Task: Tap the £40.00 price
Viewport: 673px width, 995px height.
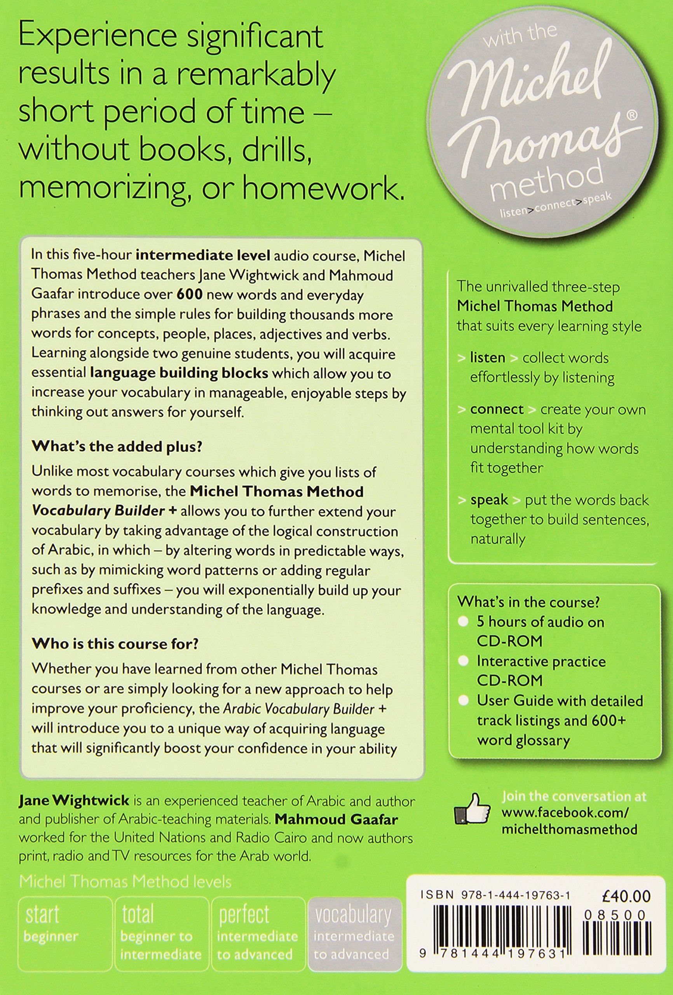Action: tap(626, 895)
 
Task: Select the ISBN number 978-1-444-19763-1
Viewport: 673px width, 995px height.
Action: tap(495, 895)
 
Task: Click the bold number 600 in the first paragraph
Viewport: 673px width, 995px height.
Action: tap(189, 295)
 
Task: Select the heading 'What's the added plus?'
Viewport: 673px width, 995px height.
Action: tap(117, 446)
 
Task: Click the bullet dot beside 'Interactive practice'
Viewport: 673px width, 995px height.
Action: tap(463, 661)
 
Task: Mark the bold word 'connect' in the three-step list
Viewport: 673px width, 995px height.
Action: tap(497, 409)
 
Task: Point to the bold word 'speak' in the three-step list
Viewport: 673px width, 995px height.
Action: tap(489, 500)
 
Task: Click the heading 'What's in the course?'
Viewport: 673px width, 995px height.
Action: tap(528, 602)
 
